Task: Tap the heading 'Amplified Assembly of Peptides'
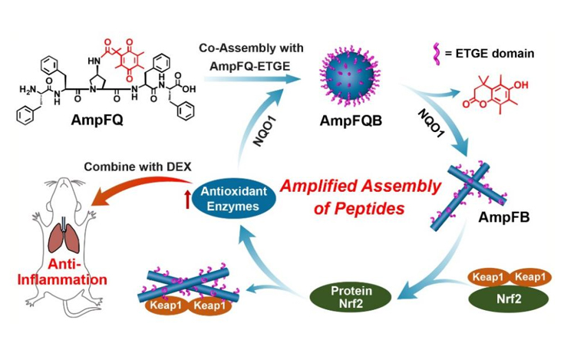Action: [x=360, y=195]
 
